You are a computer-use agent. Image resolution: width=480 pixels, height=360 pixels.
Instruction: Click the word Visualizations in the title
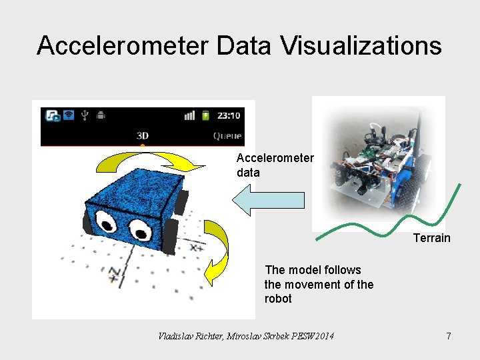point(361,46)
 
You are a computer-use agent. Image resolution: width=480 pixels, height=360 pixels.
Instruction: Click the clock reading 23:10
point(229,115)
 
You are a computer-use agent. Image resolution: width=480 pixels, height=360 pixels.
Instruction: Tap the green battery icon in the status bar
point(206,115)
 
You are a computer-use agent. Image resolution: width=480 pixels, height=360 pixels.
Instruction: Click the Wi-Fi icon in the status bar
point(68,115)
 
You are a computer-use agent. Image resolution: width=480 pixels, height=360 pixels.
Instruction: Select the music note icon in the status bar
point(52,115)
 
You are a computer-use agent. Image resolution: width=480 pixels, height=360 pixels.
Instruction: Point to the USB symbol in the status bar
point(84,115)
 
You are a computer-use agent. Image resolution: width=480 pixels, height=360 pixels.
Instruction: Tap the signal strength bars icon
point(190,115)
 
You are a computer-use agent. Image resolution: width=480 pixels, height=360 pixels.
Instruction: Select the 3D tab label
point(142,135)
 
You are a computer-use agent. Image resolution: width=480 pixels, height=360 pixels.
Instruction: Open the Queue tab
point(227,135)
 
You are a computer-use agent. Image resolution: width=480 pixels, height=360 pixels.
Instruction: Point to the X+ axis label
point(197,247)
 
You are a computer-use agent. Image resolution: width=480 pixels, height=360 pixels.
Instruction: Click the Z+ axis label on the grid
point(114,273)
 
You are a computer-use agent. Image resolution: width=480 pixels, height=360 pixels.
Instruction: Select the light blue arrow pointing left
point(269,201)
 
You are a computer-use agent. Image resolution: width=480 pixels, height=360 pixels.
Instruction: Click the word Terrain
point(431,238)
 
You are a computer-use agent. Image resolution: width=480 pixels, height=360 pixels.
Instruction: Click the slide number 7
point(449,336)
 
